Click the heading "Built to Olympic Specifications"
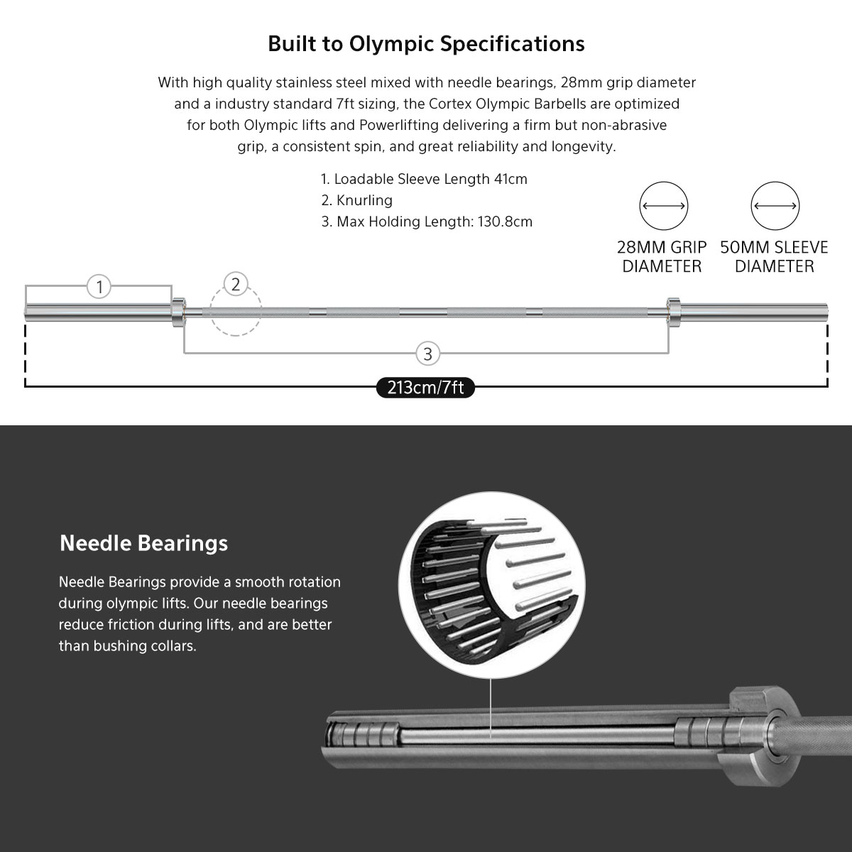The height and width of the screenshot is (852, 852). click(x=426, y=44)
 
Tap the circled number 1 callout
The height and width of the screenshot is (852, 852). click(x=99, y=287)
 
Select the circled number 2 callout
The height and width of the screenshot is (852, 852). click(x=236, y=285)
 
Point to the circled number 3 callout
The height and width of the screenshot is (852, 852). click(x=427, y=353)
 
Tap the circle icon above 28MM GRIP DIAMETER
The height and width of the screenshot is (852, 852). click(x=664, y=207)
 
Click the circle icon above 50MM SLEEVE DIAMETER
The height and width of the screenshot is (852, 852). click(x=775, y=207)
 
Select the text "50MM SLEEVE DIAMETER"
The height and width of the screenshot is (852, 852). click(x=774, y=257)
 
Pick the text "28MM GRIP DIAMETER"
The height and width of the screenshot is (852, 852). click(x=662, y=257)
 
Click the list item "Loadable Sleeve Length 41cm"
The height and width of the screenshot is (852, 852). click(x=425, y=179)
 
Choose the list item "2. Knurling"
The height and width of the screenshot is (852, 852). click(x=356, y=200)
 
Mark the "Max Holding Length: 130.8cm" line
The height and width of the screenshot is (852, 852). click(x=427, y=222)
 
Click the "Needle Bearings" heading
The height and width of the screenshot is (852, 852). click(x=144, y=543)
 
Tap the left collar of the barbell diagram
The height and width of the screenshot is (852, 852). click(x=177, y=310)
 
